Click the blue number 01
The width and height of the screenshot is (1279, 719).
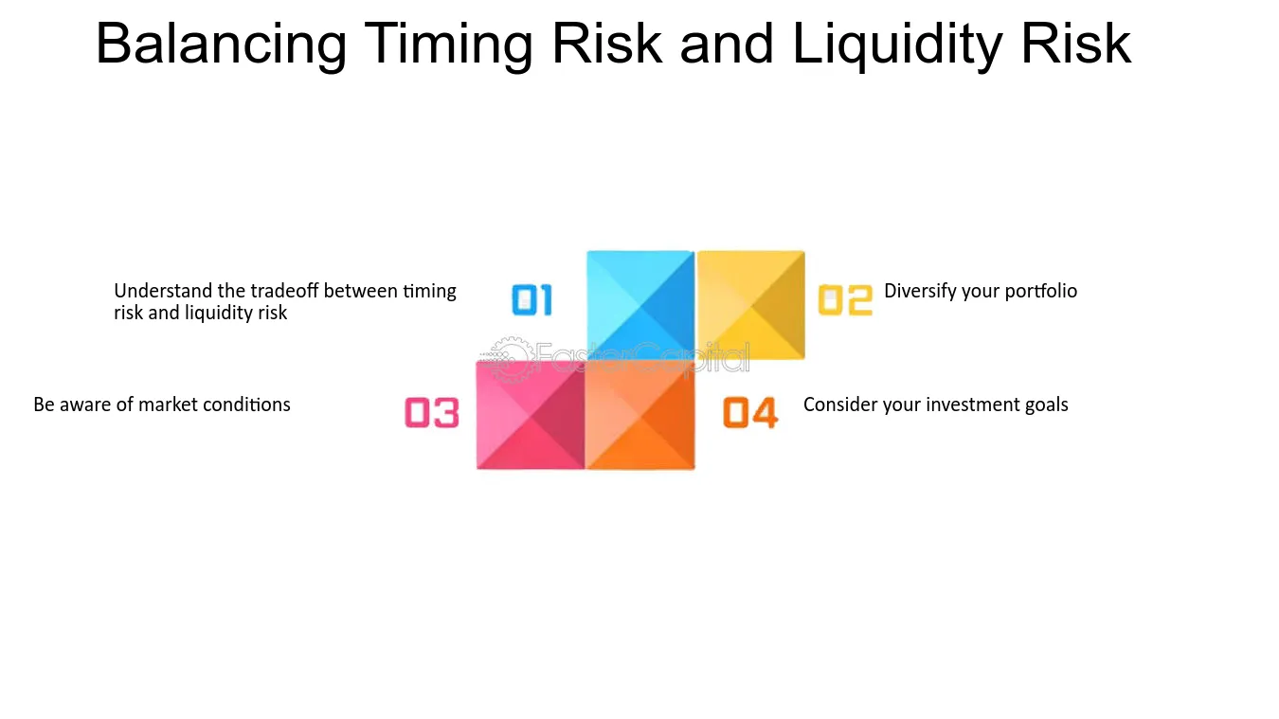tap(532, 300)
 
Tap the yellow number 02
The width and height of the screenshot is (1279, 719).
tap(845, 300)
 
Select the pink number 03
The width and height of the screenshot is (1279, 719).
tap(432, 412)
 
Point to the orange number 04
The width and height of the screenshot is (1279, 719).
tap(750, 412)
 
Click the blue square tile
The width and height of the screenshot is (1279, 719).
tap(640, 305)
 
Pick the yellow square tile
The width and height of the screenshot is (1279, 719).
tap(751, 305)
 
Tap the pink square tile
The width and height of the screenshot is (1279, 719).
tap(531, 415)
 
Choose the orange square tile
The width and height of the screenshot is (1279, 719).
tap(640, 415)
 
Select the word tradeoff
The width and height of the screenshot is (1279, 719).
tap(284, 291)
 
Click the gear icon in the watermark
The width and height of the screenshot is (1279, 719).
tap(510, 359)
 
